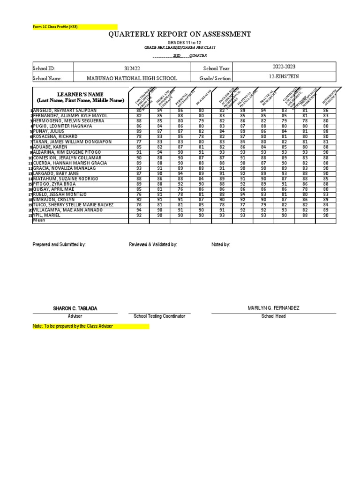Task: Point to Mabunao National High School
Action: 132,79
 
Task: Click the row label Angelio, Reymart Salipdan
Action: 66,110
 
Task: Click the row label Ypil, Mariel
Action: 47,215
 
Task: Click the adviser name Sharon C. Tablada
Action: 75,308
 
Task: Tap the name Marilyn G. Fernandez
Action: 273,307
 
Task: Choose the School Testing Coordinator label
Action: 159,316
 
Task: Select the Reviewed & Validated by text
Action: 153,245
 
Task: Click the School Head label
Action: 273,316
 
